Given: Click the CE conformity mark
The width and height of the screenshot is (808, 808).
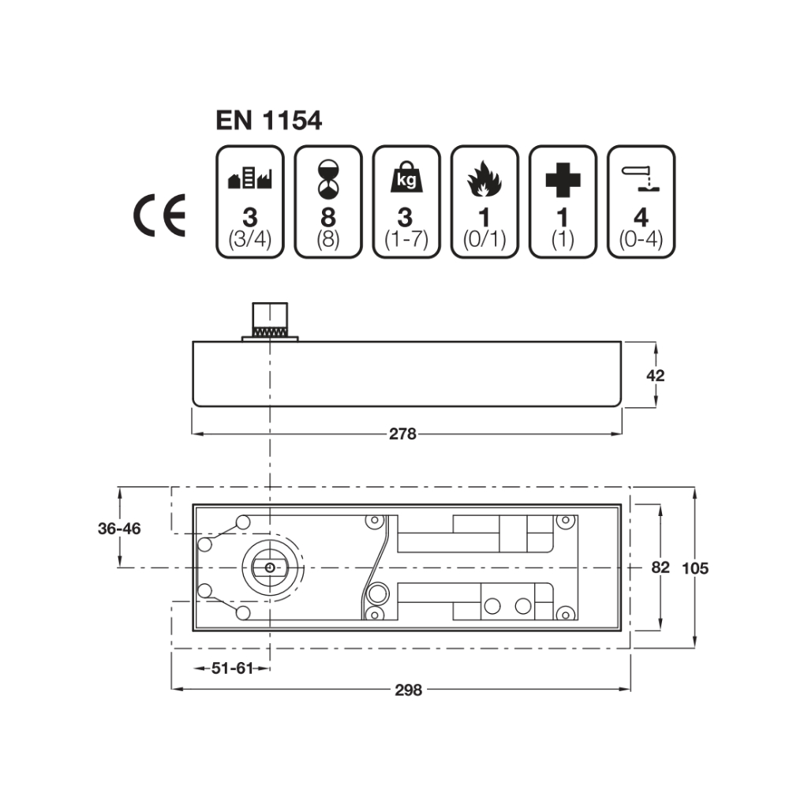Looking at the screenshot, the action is [x=159, y=215].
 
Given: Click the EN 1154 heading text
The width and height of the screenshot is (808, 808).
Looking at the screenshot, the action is [x=268, y=121].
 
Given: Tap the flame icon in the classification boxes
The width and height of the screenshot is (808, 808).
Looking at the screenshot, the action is [x=484, y=179].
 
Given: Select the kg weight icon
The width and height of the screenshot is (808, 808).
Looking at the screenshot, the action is [x=406, y=177].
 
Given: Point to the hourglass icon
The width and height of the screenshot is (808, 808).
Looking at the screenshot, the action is [x=327, y=179].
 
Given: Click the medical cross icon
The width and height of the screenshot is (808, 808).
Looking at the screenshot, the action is [x=563, y=180].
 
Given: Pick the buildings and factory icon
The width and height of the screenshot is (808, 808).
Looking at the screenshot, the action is [x=250, y=178].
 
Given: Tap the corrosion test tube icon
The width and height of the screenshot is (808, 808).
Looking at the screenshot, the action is [x=641, y=178].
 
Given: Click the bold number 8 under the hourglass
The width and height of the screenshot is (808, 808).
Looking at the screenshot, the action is [x=328, y=218].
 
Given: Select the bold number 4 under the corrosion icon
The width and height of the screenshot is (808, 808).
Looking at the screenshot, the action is [x=641, y=218].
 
